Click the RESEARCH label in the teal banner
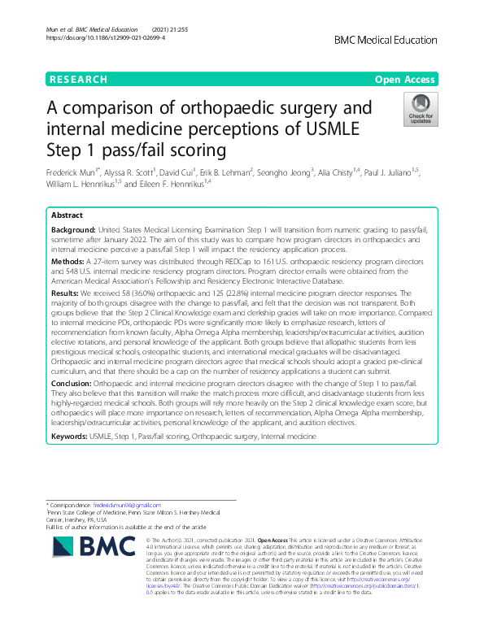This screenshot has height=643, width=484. click(x=78, y=80)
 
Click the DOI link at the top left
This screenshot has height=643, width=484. click(x=98, y=37)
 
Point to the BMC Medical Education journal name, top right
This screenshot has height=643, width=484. click(x=386, y=38)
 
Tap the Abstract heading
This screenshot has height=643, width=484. click(x=67, y=215)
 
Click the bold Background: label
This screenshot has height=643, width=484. click(x=74, y=232)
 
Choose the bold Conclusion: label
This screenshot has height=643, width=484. click(x=73, y=380)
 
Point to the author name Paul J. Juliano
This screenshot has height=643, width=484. click(x=387, y=173)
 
